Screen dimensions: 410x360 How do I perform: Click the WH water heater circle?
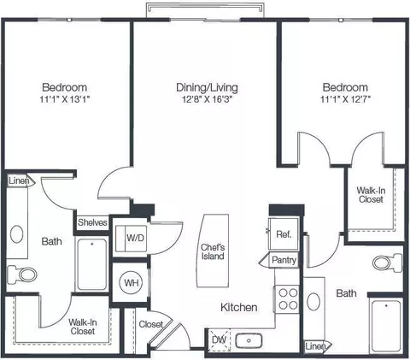[132, 283]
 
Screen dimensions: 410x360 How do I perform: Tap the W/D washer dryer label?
[136, 238]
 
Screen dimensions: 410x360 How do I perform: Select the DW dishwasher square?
[220, 339]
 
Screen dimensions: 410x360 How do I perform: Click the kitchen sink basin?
[249, 340]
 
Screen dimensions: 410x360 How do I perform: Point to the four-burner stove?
[288, 298]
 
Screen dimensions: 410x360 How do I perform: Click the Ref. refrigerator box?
[284, 234]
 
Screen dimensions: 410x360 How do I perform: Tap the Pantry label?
[284, 260]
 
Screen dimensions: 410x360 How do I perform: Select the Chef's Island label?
[213, 251]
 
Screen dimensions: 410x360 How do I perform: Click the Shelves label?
[92, 222]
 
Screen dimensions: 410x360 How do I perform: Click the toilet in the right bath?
[387, 263]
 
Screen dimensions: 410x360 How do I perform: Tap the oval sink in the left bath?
[16, 234]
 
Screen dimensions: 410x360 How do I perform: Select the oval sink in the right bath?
[313, 302]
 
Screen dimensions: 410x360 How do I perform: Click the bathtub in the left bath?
[92, 264]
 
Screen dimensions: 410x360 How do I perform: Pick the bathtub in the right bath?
[386, 326]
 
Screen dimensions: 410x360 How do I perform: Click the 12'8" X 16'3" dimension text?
[208, 99]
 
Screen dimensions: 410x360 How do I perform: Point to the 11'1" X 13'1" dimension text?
[65, 99]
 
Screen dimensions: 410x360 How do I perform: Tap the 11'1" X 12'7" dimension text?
[345, 99]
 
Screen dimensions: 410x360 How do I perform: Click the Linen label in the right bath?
[315, 346]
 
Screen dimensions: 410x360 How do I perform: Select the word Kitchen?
[239, 307]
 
